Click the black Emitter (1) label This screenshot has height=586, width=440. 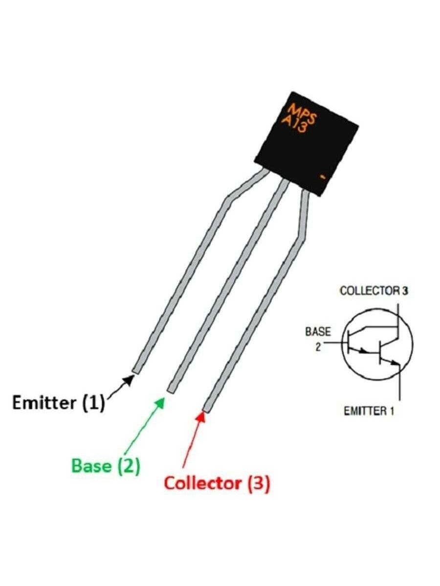[58, 403]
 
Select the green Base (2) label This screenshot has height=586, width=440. [106, 465]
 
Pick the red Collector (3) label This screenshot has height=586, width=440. [217, 483]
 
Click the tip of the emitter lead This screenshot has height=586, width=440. [136, 370]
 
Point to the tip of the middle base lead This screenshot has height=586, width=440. [171, 389]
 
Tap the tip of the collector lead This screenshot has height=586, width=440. [207, 408]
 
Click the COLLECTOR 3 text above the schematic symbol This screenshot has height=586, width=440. [374, 291]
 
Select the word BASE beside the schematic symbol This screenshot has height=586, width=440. [318, 332]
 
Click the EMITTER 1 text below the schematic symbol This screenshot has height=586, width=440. [369, 411]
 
